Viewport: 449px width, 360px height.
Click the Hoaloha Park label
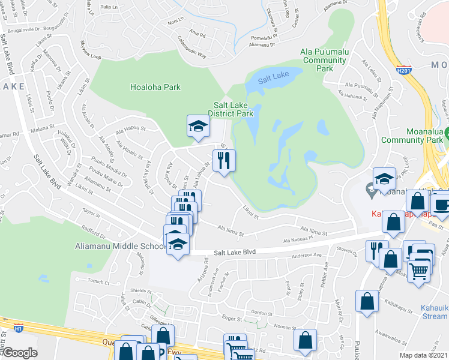point(155,87)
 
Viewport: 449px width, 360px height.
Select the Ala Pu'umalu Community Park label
point(325,60)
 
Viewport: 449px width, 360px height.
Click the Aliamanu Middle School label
point(119,246)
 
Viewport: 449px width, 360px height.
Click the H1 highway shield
point(18,328)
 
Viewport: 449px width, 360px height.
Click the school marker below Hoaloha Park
point(197,126)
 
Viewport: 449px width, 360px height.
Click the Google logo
point(20,353)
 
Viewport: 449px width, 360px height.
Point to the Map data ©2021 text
point(424,355)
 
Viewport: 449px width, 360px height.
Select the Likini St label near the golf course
point(250,212)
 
